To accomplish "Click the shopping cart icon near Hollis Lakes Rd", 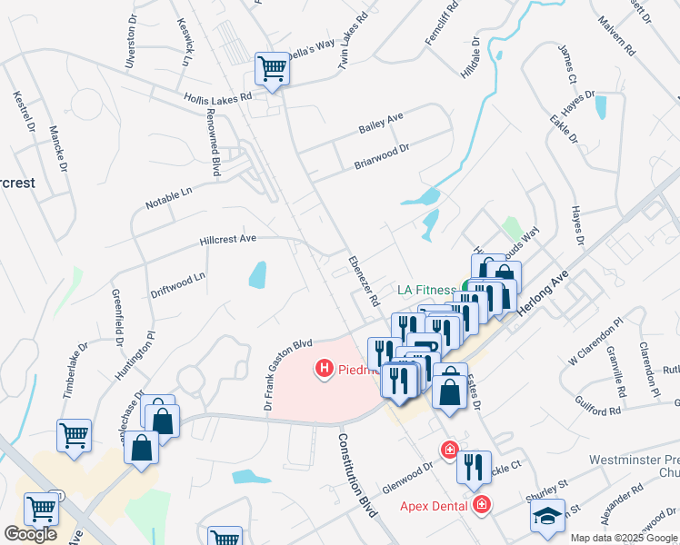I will point(272,68).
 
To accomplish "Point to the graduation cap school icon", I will point(547,517).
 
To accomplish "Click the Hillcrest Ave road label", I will point(228,240).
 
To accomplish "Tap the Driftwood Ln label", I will point(178,285).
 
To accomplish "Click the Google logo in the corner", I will point(30,534).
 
